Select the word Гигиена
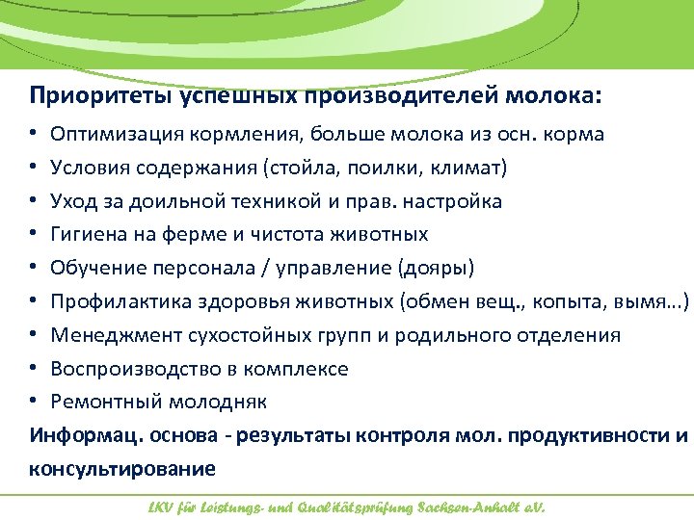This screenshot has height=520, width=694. click(88, 235)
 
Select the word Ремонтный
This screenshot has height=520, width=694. click(98, 402)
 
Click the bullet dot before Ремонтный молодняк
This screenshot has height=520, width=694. click(34, 402)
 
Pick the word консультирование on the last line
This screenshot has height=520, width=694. click(122, 469)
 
